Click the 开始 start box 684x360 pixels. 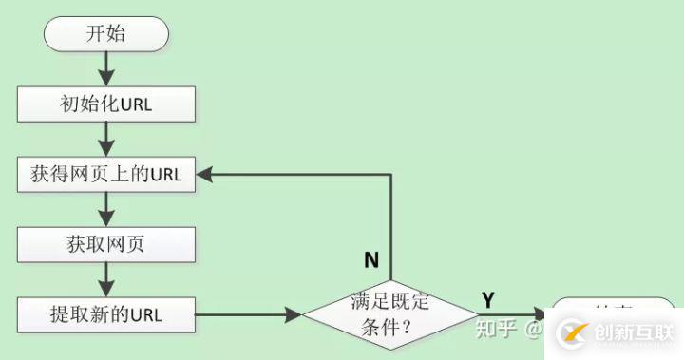click(x=106, y=34)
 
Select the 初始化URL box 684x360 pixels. click(x=106, y=104)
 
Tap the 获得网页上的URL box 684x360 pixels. click(x=106, y=174)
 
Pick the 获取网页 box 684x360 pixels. click(x=106, y=245)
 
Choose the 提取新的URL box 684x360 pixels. click(x=106, y=313)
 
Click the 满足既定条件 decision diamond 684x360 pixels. click(x=391, y=313)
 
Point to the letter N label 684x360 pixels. click(x=371, y=259)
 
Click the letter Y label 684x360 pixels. click(x=488, y=300)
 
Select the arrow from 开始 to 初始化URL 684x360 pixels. click(x=106, y=67)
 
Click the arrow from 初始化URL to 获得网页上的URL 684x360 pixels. click(x=106, y=139)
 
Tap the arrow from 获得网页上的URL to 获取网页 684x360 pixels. click(x=106, y=209)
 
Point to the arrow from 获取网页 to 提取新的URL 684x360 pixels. click(x=106, y=279)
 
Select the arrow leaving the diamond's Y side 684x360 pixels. click(x=513, y=313)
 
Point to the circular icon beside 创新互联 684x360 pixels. click(x=575, y=332)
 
